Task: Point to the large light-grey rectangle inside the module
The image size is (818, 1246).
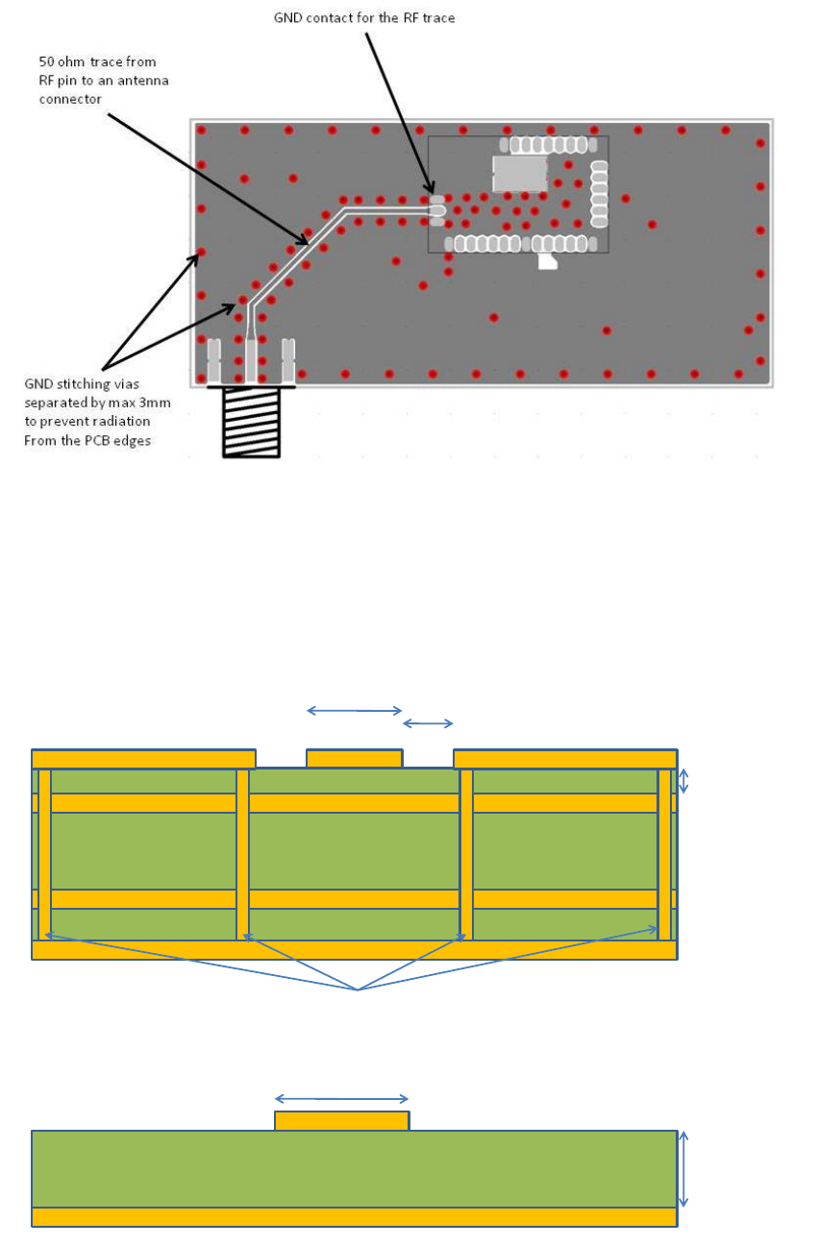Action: point(520,173)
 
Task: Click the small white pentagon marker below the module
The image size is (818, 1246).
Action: point(547,260)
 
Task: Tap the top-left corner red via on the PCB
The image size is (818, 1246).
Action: point(201,130)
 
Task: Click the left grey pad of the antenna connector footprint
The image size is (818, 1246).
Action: point(213,357)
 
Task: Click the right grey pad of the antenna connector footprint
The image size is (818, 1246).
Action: point(287,357)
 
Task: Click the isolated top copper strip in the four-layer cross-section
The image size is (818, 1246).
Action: point(354,759)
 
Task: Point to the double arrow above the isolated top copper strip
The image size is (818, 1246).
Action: point(354,711)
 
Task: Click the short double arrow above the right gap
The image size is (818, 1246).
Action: point(428,723)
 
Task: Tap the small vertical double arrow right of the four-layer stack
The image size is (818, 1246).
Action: point(683,780)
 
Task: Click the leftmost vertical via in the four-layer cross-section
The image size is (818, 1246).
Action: point(44,853)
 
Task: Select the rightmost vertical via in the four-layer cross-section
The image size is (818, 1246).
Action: point(664,853)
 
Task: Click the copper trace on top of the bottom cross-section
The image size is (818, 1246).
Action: point(341,1121)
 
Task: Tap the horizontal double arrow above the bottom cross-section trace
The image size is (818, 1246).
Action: point(341,1099)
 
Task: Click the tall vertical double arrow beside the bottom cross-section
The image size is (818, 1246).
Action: point(683,1168)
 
